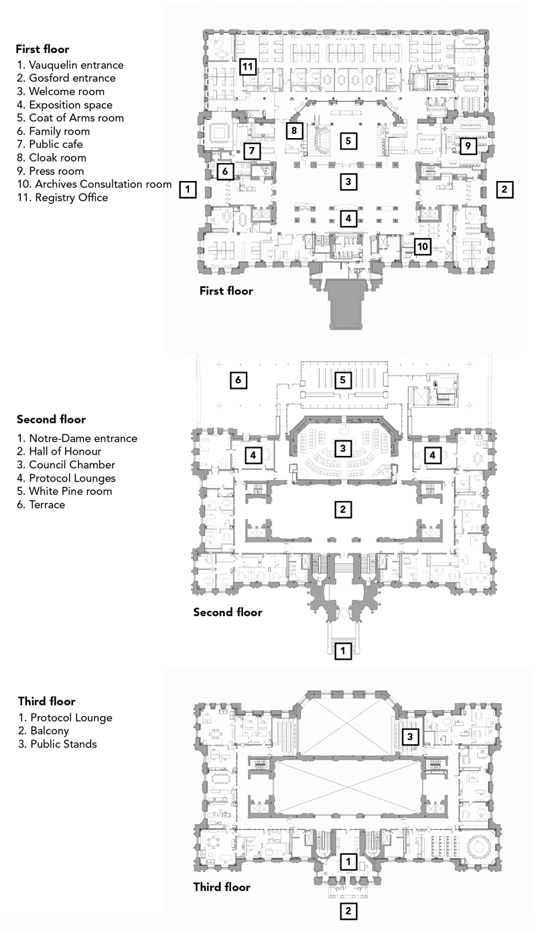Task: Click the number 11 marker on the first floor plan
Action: click(x=248, y=66)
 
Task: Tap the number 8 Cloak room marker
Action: click(x=293, y=130)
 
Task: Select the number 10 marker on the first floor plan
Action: click(x=421, y=247)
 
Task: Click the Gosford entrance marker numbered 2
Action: click(x=505, y=189)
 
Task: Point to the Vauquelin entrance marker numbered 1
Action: click(x=188, y=190)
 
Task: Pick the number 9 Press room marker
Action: click(x=468, y=145)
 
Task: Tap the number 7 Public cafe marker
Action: click(x=251, y=150)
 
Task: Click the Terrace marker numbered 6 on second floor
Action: click(x=237, y=381)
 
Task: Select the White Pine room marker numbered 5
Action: click(x=343, y=380)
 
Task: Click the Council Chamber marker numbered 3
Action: click(x=342, y=447)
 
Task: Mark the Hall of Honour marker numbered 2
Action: click(x=342, y=510)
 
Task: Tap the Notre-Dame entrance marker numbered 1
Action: click(x=342, y=650)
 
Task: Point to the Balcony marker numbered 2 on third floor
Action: click(x=347, y=911)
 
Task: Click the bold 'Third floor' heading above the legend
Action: click(x=46, y=701)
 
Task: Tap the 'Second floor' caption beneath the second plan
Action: click(x=228, y=612)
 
